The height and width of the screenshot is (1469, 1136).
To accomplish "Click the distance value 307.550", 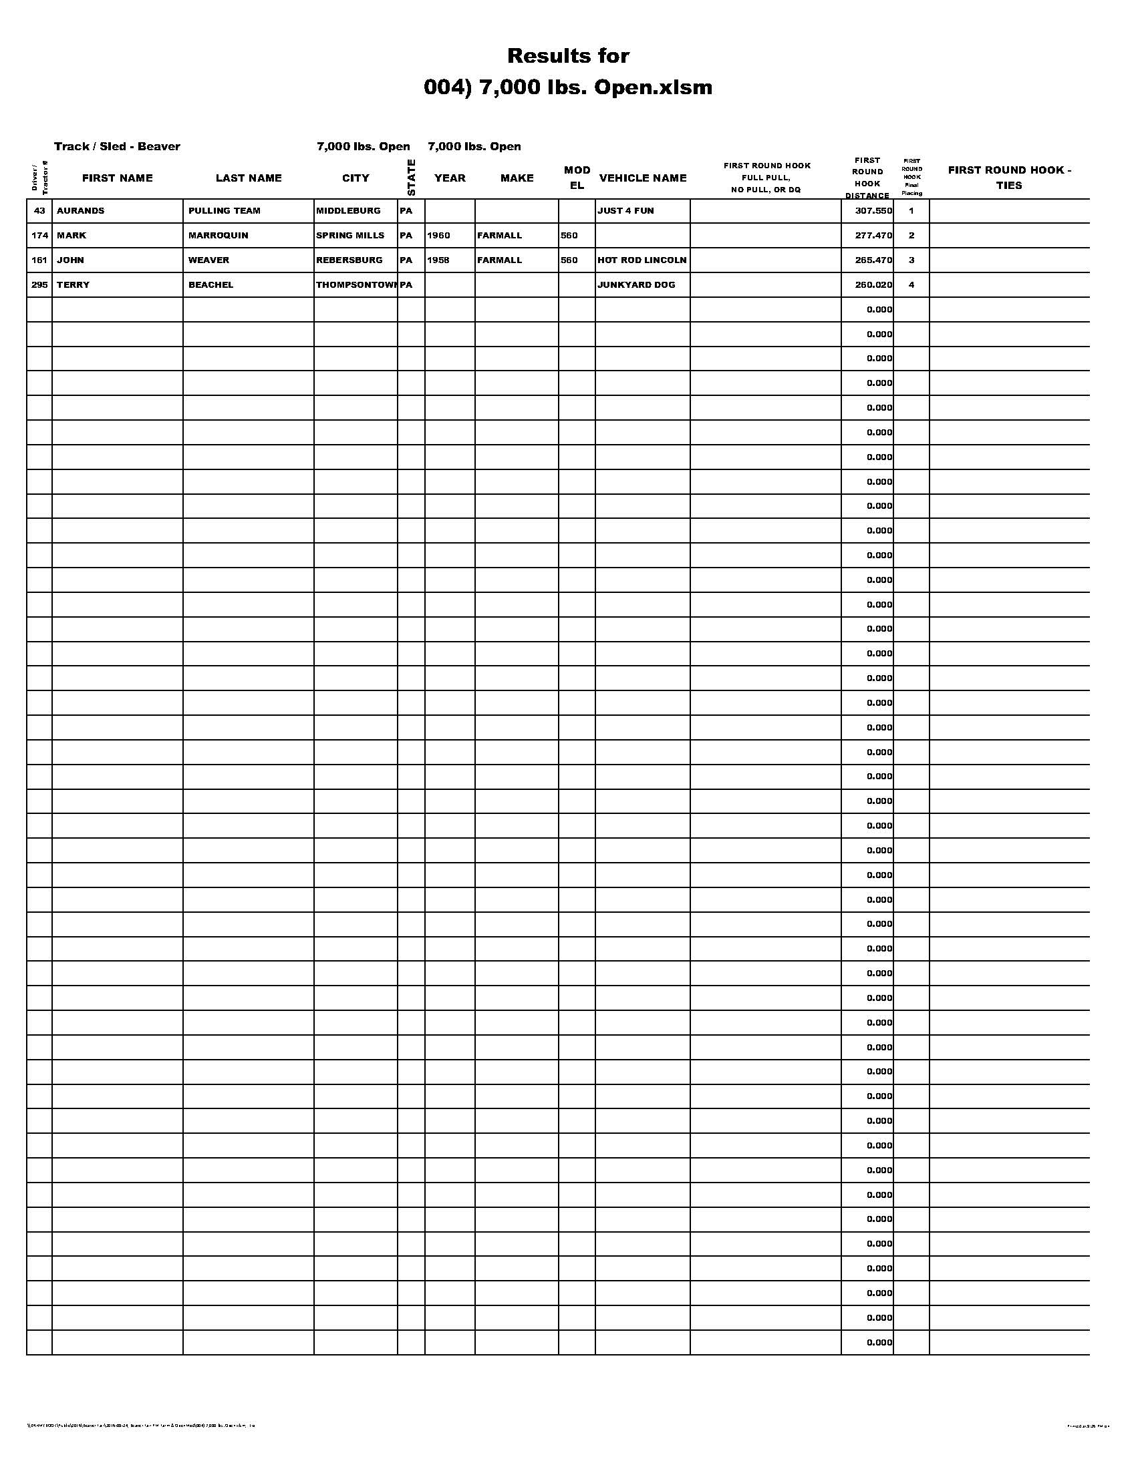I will (x=873, y=210).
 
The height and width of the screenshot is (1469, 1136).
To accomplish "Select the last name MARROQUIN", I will (x=218, y=236).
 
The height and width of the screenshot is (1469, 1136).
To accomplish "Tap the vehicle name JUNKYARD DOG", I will (x=636, y=284).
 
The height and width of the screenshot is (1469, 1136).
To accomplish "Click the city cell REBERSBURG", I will (x=349, y=260).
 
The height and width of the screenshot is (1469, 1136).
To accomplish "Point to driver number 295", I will (x=39, y=284).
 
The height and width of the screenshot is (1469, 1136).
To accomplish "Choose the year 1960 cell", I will (x=438, y=236).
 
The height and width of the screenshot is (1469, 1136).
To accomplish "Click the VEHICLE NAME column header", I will (x=643, y=178).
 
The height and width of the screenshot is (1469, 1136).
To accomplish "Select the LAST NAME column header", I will (x=249, y=178).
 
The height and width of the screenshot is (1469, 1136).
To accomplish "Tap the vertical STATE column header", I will (x=411, y=178).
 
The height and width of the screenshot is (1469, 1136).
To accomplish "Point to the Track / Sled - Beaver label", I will (x=117, y=146).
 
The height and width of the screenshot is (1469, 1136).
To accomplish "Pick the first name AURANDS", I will (x=81, y=210).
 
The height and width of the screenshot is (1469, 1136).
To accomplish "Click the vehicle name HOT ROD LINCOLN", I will (x=642, y=260).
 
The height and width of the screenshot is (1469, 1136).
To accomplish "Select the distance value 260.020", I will (x=873, y=284).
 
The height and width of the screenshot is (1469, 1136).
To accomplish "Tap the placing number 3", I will (x=911, y=260).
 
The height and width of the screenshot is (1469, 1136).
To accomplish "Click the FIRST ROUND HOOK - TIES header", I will (x=1009, y=178).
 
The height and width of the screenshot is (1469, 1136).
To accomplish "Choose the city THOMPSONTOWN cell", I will (x=356, y=284).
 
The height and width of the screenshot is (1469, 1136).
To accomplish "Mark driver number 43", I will (x=39, y=210).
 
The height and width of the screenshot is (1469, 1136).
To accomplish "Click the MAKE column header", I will (x=517, y=178).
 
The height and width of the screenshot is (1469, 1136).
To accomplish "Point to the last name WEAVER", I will (x=208, y=260).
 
